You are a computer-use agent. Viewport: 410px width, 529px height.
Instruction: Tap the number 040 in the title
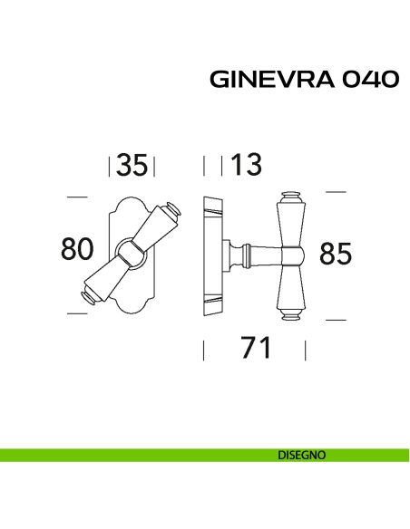[372, 80]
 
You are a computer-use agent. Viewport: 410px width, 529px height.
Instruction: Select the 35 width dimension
[132, 166]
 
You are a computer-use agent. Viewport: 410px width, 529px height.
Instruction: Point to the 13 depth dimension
[245, 166]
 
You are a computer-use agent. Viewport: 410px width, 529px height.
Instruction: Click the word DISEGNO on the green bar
[303, 456]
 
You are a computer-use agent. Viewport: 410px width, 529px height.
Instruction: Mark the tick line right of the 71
[306, 350]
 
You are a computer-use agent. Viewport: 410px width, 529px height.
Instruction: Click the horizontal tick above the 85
[336, 192]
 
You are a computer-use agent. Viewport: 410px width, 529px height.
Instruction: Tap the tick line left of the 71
[203, 350]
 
